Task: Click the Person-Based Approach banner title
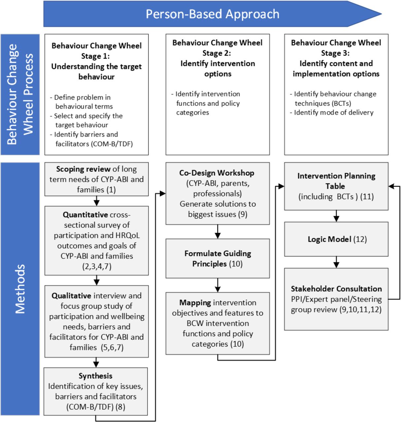coord(212,14)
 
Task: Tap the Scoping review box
coord(96,179)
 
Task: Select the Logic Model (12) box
coord(336,239)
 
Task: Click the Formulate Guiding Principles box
coord(217,258)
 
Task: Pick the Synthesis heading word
coord(95,376)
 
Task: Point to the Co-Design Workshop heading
coord(217,173)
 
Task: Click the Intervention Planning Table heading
coord(336,181)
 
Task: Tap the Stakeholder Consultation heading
coord(336,289)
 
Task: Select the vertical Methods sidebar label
coord(20,289)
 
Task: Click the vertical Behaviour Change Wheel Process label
coord(20,94)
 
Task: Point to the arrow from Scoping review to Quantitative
coord(96,201)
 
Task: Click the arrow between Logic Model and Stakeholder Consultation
coord(336,262)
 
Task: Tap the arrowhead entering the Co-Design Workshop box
coord(163,194)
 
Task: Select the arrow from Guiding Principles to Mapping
coord(217,285)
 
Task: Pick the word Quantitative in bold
coord(85,215)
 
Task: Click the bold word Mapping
coord(195,303)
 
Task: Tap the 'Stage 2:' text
coord(217,53)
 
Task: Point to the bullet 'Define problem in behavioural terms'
coord(81,102)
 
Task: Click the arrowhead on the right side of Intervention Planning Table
coord(391,186)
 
